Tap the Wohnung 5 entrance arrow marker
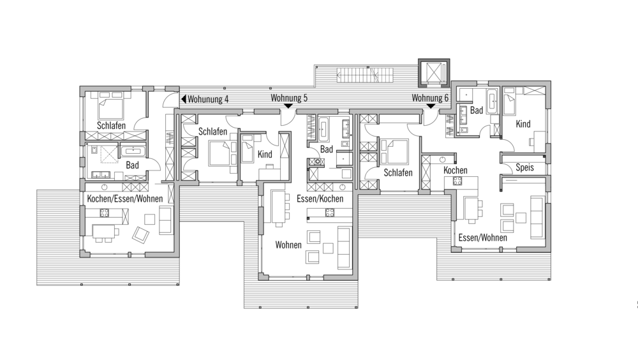(x=288, y=106)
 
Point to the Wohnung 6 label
(x=430, y=98)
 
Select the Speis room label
(x=524, y=167)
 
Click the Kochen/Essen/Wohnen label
(x=125, y=199)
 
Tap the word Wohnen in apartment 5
(x=288, y=244)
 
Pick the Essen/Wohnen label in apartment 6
(x=482, y=238)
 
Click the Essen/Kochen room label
(x=320, y=199)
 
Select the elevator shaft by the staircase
(x=434, y=73)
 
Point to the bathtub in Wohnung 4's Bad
(x=133, y=151)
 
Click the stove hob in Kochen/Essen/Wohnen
(x=105, y=213)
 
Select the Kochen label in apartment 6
(x=456, y=170)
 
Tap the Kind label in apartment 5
(x=265, y=154)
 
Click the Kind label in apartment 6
(x=523, y=124)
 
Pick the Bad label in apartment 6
(x=477, y=110)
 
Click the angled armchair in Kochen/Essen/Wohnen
(x=141, y=234)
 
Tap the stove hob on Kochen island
(x=457, y=181)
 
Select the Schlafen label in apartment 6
(x=398, y=173)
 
